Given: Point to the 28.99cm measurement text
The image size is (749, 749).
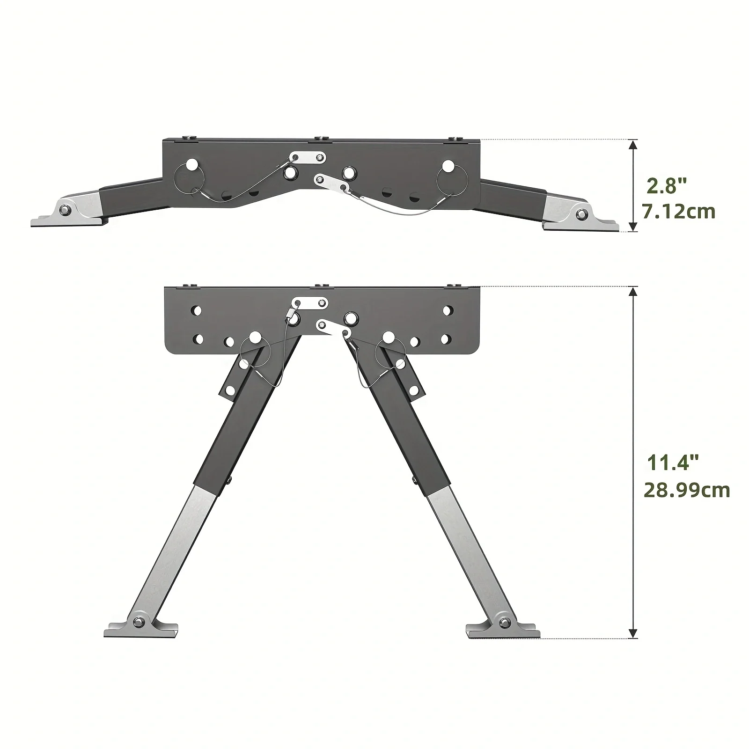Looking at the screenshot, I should click(x=687, y=490).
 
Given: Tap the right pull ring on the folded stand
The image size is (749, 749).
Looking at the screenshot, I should click(x=450, y=181).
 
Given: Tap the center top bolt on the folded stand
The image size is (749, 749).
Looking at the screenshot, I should click(x=321, y=138).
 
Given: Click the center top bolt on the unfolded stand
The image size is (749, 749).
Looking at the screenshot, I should click(x=321, y=285).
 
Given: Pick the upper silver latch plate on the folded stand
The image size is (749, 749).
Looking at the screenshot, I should click(x=308, y=157).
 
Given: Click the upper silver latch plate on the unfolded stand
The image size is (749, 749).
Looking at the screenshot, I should click(x=309, y=303).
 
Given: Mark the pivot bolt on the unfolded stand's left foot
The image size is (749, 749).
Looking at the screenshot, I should click(x=139, y=622).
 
